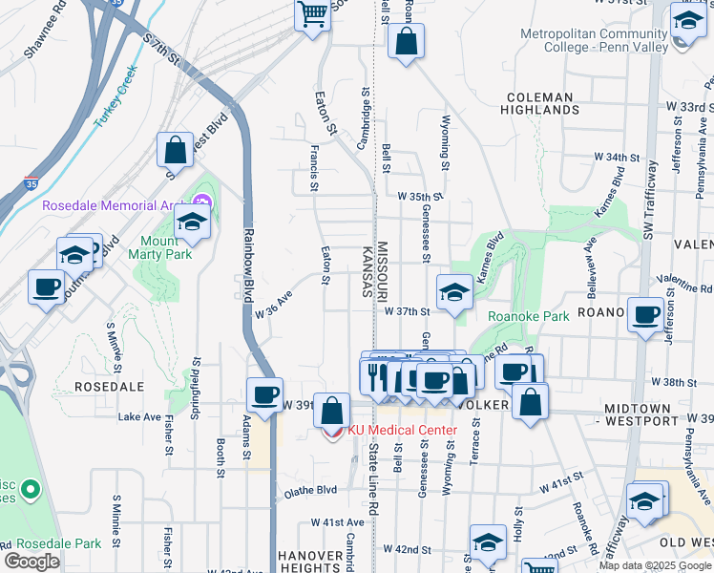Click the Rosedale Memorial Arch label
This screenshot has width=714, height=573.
coord(114,205)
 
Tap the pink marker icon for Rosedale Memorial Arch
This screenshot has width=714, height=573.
coord(200,202)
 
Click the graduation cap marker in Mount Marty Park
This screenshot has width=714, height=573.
coord(193,223)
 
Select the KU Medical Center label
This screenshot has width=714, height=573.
coord(402,430)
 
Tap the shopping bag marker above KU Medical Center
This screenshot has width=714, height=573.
coord(331,413)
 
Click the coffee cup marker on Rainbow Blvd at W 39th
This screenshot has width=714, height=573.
coord(264,393)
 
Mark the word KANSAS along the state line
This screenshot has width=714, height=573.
coord(366,272)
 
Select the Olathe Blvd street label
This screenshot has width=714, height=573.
coord(310,491)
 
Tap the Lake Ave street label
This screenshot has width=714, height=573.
coord(139,417)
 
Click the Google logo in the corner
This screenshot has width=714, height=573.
coord(31,562)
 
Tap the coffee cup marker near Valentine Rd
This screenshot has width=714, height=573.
coord(645,313)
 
